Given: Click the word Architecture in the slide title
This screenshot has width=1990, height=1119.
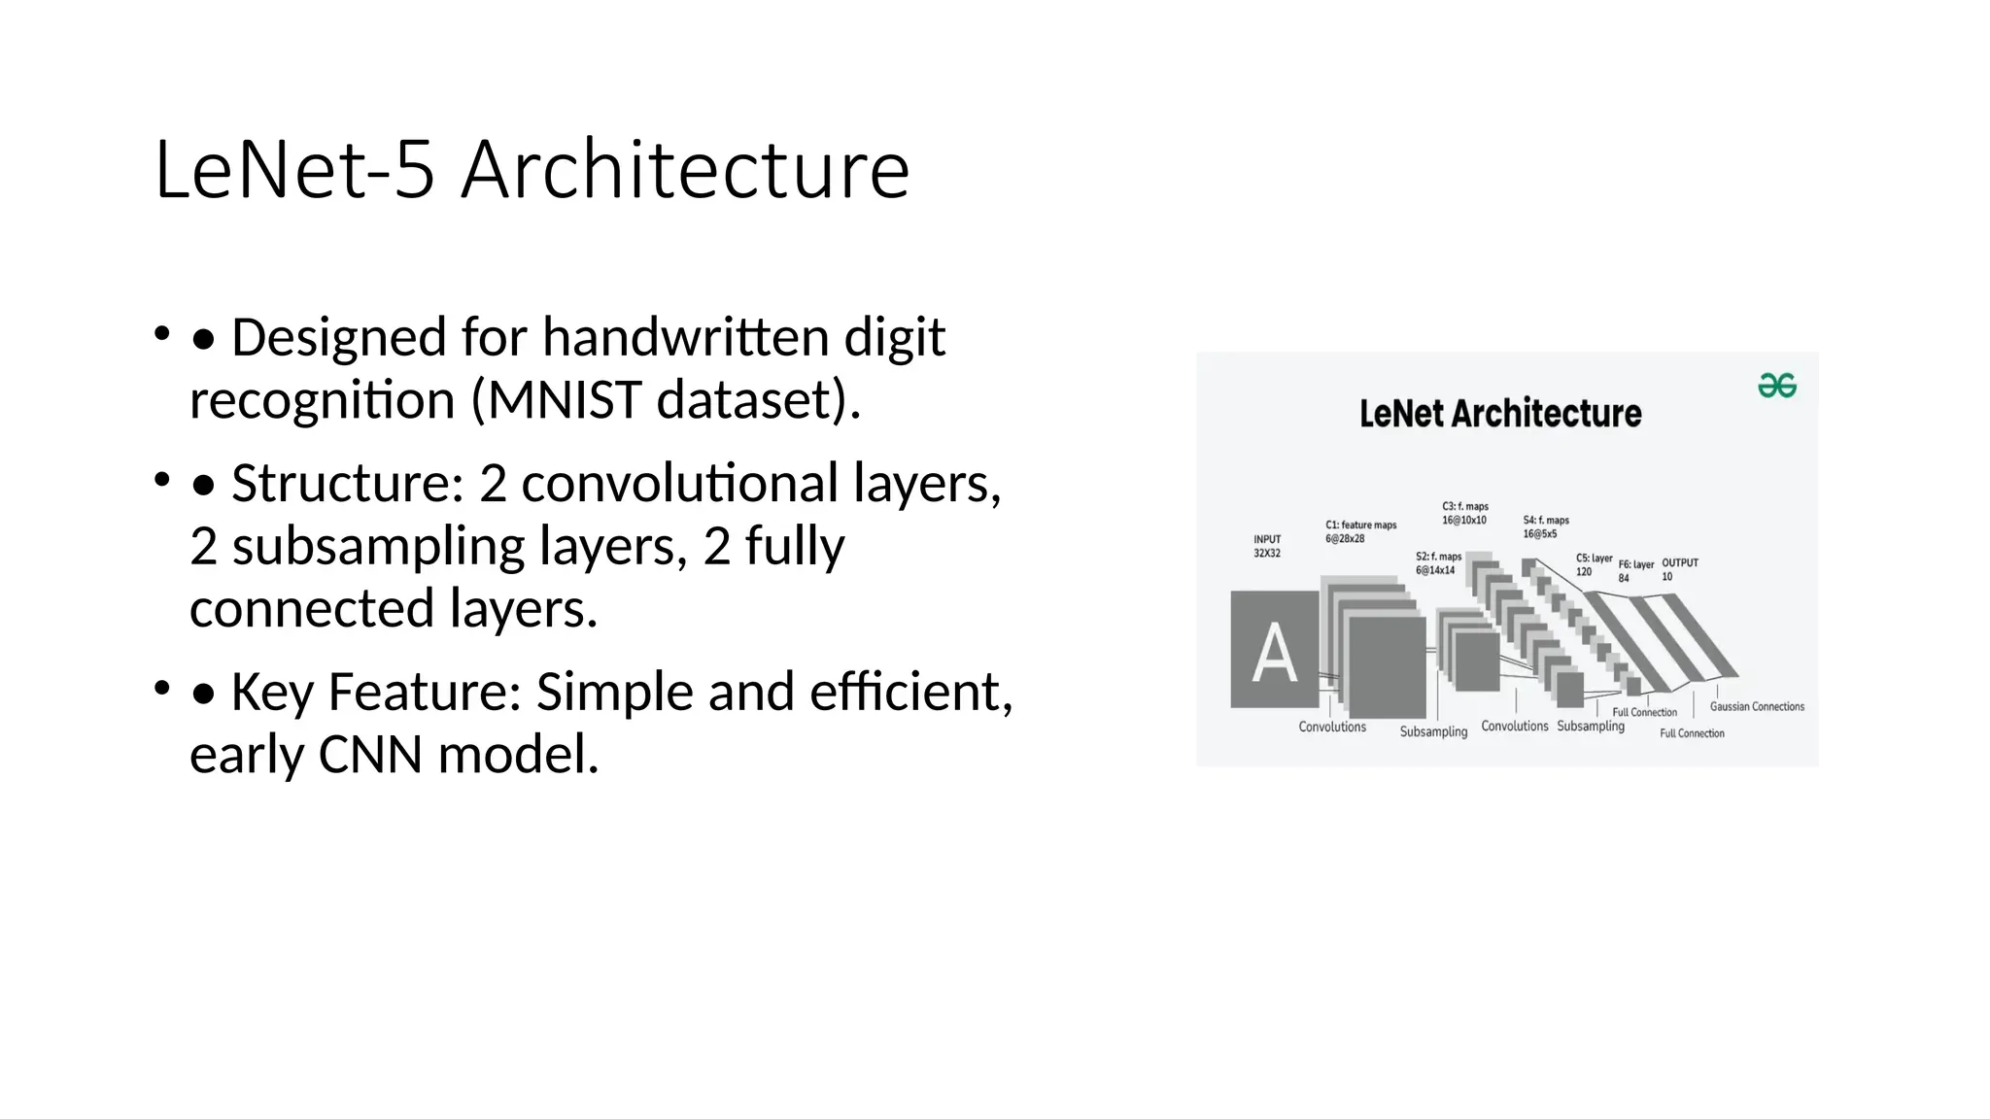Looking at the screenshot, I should (685, 170).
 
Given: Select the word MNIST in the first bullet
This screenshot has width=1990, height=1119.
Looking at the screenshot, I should (563, 399).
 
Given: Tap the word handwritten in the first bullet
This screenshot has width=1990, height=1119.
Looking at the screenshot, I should (686, 337).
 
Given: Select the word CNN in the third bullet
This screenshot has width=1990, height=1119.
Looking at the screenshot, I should (370, 755).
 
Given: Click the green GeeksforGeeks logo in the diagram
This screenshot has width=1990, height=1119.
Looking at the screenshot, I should (1776, 386).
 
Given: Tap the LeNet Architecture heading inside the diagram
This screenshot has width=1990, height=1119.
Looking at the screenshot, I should (1500, 414).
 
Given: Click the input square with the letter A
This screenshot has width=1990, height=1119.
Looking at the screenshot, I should (1274, 650).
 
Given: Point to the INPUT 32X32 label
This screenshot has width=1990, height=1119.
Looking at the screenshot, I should (1267, 546).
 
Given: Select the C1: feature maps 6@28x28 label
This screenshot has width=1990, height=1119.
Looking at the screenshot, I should (1360, 531).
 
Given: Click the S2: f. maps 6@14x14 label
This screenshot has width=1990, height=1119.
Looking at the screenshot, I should (1438, 563).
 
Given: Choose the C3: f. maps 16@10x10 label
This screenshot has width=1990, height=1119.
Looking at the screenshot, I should (1464, 513).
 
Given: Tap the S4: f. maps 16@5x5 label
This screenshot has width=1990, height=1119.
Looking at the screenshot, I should (1545, 526).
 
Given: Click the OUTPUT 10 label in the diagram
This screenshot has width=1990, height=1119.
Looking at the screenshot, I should (1679, 569).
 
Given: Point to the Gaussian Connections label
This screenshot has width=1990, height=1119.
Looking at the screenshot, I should (1757, 706).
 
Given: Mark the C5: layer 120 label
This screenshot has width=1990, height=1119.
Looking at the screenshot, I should (1594, 564).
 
